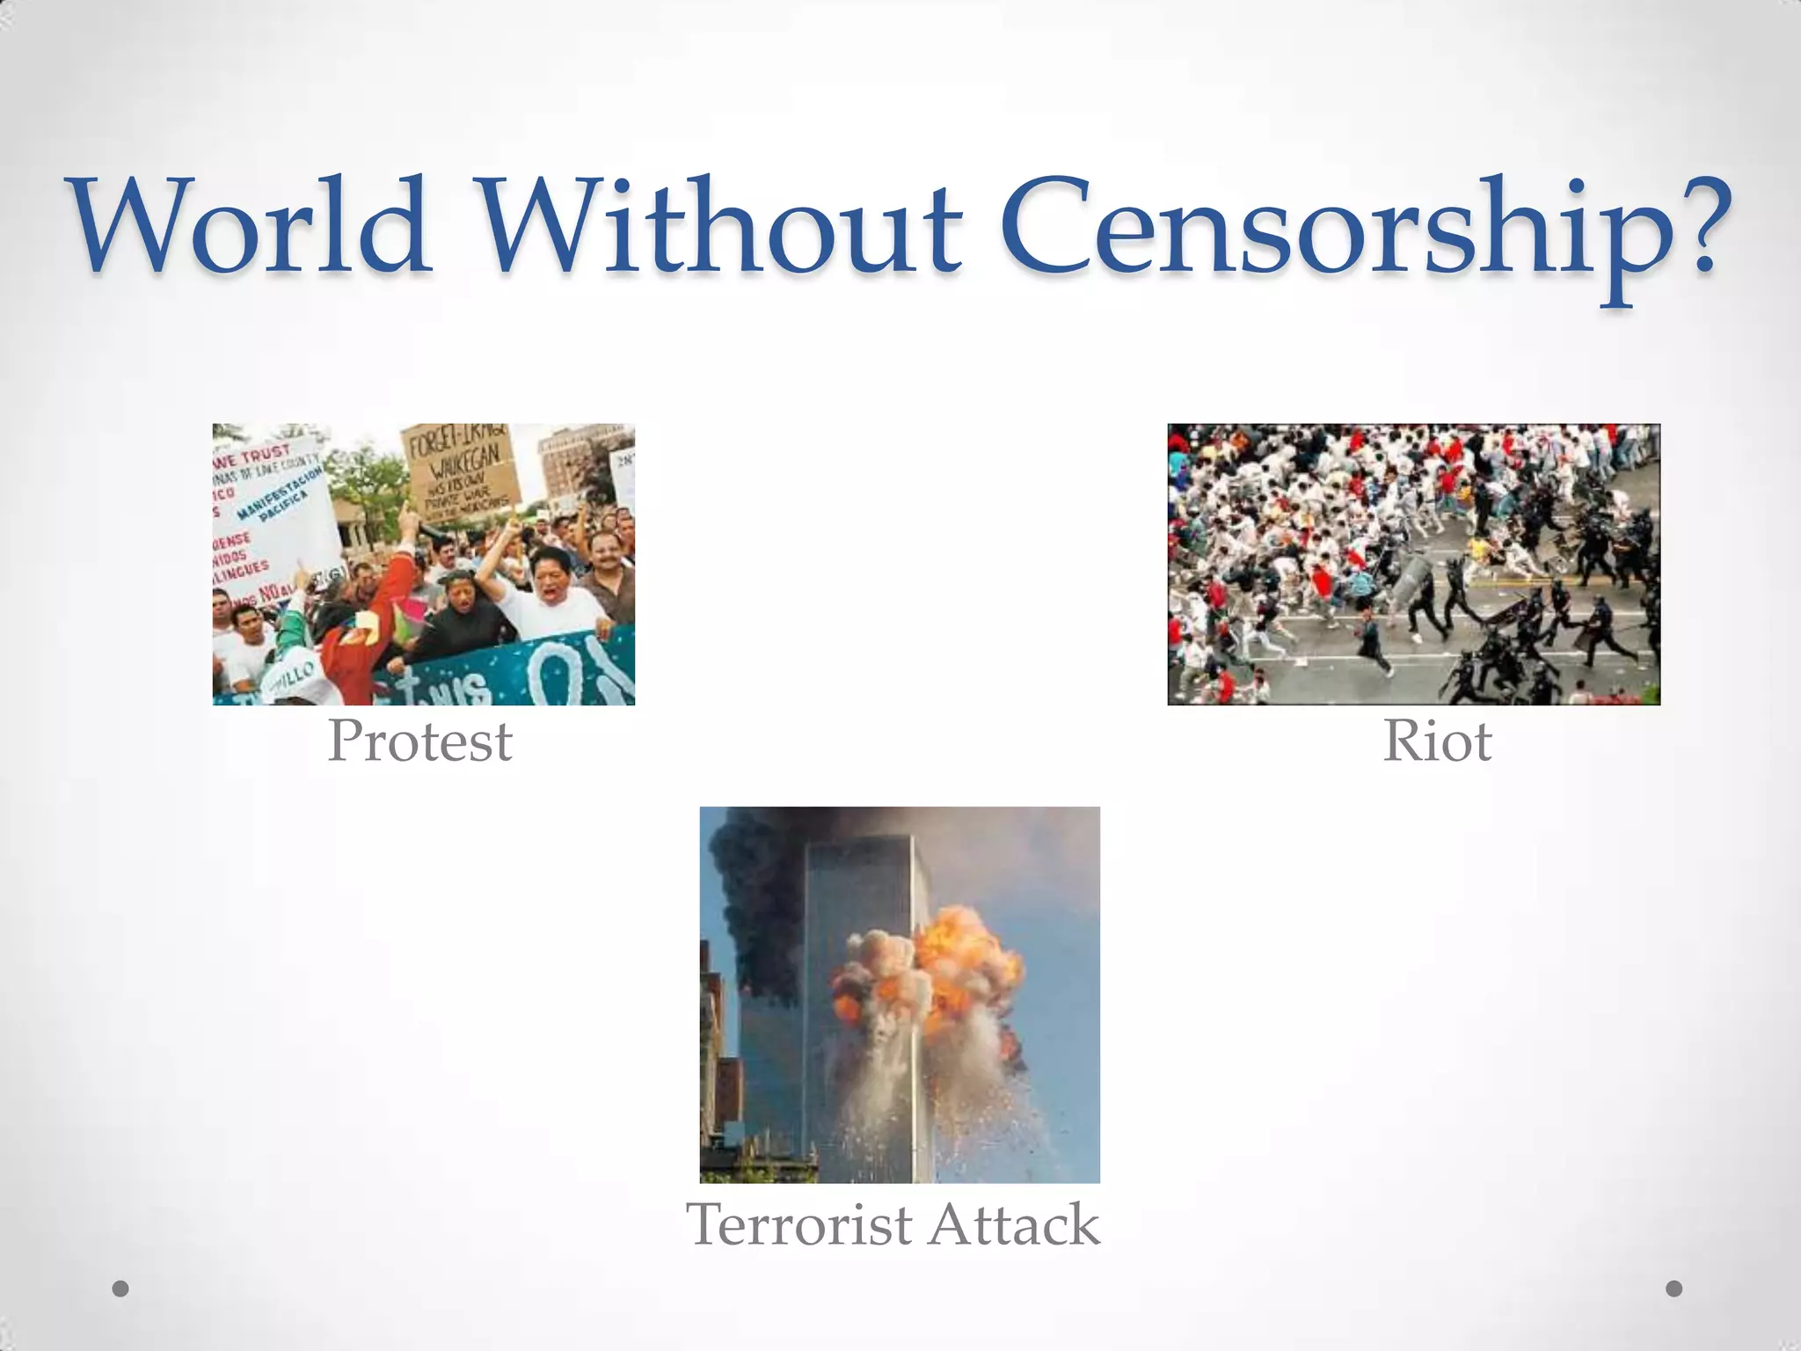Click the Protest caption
[419, 741]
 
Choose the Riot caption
[1437, 741]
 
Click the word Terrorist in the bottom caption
[798, 1224]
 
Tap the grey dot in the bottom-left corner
[121, 1289]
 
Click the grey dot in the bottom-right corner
[1674, 1289]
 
